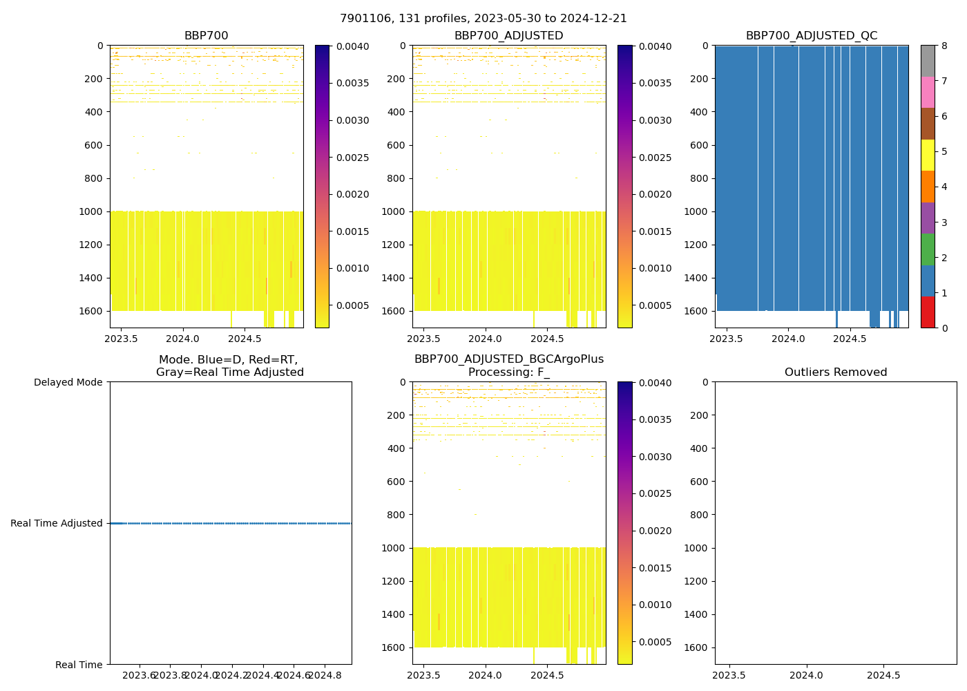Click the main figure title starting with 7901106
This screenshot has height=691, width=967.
483,19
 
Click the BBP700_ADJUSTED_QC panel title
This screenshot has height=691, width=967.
812,36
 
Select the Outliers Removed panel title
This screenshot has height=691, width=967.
836,372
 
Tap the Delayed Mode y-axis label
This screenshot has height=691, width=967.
68,382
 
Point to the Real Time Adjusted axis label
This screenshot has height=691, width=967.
57,523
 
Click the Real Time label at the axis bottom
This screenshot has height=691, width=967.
79,665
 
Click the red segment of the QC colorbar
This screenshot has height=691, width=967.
928,312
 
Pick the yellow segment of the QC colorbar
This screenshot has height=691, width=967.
928,155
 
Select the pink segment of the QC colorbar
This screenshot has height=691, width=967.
928,93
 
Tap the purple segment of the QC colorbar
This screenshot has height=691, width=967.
928,218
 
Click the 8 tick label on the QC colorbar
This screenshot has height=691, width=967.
944,46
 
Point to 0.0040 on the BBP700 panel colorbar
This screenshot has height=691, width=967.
354,46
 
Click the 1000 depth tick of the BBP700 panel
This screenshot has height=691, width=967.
91,211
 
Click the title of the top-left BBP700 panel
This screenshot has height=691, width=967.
206,36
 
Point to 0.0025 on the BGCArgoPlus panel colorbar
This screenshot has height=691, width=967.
657,493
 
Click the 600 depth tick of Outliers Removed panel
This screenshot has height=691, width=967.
699,482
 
